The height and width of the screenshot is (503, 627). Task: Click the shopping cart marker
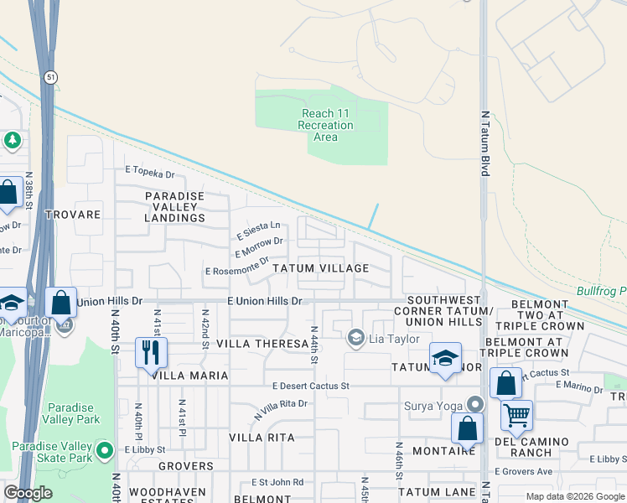pos(516,413)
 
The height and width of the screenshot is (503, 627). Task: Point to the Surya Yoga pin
pos(475,404)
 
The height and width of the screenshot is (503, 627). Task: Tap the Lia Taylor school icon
pos(355,337)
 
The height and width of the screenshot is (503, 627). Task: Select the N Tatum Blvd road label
pos(484,143)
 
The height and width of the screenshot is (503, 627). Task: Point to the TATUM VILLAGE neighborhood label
pos(319,268)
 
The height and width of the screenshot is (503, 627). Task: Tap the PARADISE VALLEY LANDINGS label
pos(174,207)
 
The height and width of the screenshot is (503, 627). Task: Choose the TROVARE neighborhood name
pos(73,215)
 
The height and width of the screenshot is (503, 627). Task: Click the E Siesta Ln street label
pos(257,228)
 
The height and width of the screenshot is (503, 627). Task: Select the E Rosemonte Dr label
pos(237,269)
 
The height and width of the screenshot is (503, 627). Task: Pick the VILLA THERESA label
pos(262,344)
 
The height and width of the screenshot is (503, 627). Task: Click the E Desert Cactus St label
pos(310,386)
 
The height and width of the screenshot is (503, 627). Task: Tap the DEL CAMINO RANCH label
pos(531,447)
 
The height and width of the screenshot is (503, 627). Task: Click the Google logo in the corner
pos(28,493)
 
